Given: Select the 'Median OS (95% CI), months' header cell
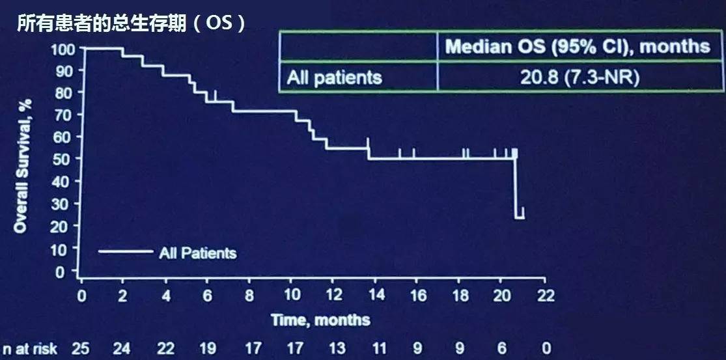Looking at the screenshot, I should click(x=577, y=46).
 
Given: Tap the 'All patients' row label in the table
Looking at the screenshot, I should click(x=334, y=77).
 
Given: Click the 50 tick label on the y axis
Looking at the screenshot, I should click(x=66, y=159).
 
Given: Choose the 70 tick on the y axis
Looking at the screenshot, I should click(x=66, y=115).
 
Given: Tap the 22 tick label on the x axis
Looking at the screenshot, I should click(x=545, y=296).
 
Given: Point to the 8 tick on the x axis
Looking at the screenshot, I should click(x=249, y=296).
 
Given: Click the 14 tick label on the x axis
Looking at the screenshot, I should click(x=376, y=296).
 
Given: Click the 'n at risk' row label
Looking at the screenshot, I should click(x=30, y=348).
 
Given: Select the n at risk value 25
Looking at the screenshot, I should click(x=81, y=348).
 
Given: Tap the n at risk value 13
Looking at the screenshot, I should click(x=337, y=348).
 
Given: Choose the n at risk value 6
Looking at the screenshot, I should click(x=502, y=348).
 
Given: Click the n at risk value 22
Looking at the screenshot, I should click(x=166, y=348).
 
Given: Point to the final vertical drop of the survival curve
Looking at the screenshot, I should click(x=515, y=189).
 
